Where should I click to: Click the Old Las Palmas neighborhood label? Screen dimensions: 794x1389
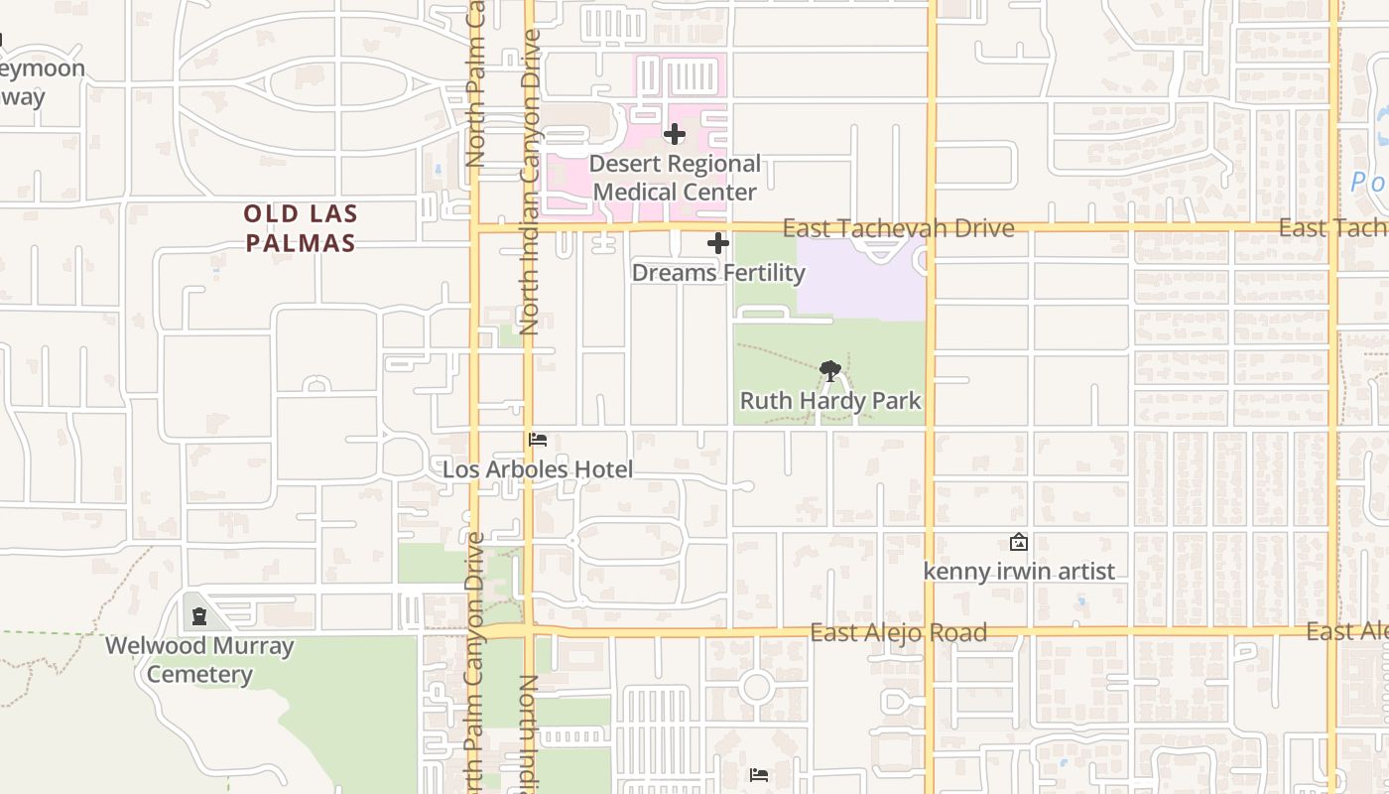click(301, 228)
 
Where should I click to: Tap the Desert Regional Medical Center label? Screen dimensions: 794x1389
click(675, 178)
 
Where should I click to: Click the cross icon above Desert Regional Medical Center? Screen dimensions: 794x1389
click(675, 134)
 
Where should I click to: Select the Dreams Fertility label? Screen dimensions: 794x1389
click(718, 272)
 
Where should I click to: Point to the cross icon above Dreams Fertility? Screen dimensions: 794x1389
click(718, 243)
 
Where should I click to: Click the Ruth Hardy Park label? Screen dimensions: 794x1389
click(830, 401)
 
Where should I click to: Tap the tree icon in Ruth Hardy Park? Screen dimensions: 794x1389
click(830, 371)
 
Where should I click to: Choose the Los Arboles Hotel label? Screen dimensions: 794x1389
click(538, 469)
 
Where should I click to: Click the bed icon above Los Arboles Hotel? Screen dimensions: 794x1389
click(538, 440)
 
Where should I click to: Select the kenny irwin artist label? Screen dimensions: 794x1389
click(1019, 572)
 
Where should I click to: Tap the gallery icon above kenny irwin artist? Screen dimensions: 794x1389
click(1018, 543)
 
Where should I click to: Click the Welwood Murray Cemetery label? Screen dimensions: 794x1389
click(199, 660)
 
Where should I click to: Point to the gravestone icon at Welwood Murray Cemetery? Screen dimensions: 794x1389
click(199, 616)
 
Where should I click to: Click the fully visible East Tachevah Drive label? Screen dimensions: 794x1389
click(898, 229)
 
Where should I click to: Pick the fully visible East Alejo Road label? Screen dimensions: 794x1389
click(898, 632)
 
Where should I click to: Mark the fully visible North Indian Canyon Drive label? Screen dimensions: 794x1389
click(530, 182)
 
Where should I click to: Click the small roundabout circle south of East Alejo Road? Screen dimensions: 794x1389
click(756, 686)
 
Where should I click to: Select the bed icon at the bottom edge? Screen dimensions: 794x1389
click(759, 774)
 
